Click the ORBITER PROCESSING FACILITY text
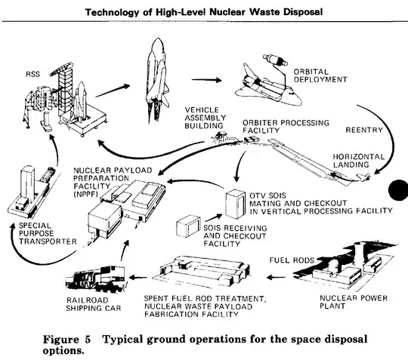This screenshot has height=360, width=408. [280, 125]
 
